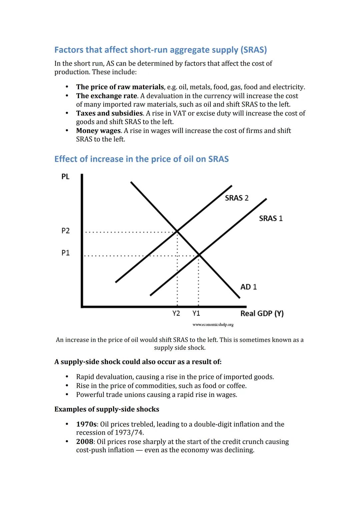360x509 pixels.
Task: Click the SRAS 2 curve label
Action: click(x=236, y=198)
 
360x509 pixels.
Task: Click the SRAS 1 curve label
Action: click(x=271, y=218)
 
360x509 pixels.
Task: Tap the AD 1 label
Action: click(x=248, y=287)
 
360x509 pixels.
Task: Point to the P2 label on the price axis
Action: click(x=66, y=231)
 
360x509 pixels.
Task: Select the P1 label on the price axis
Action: click(x=66, y=253)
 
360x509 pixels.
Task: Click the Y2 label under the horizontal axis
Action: click(x=176, y=313)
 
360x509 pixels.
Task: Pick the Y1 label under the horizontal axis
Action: click(x=196, y=313)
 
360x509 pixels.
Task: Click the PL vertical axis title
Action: click(x=65, y=177)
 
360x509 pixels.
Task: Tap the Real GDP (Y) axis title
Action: click(x=262, y=313)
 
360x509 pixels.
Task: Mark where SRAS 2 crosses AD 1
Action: click(x=177, y=231)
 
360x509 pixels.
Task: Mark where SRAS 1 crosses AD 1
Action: click(x=199, y=255)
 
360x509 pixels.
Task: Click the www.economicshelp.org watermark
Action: click(x=213, y=325)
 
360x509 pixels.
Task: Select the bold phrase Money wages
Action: click(x=98, y=131)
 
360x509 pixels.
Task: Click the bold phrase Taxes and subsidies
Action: click(x=109, y=113)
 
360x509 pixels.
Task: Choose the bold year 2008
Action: click(x=85, y=442)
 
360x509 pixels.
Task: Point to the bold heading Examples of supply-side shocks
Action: click(x=107, y=409)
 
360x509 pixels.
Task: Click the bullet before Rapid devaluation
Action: click(x=67, y=377)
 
